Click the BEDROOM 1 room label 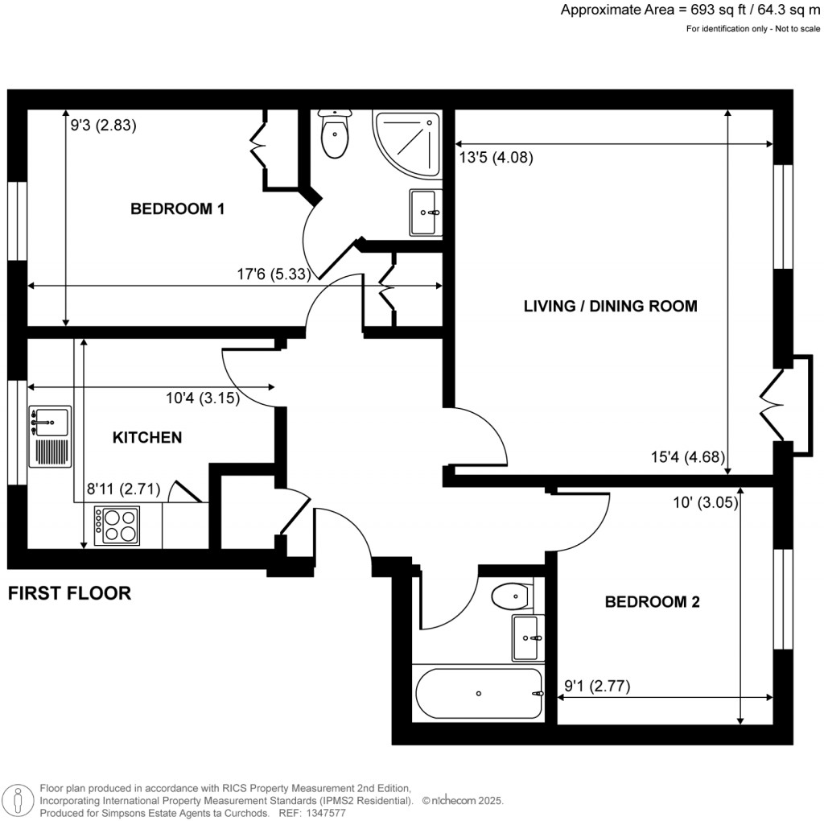point(177,209)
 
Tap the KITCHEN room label point(146,438)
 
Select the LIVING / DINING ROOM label point(610,306)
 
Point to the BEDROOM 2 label point(653,601)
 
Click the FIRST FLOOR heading point(69,594)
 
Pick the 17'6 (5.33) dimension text point(274,274)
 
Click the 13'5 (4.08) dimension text point(496,158)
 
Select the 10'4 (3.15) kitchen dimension point(202,398)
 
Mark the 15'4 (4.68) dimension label point(688,458)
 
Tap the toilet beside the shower point(333,134)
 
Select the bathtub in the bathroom point(479,693)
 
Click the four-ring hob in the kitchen point(117,525)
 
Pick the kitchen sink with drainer point(50,436)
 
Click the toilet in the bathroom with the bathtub point(510,597)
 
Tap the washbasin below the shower point(425,212)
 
